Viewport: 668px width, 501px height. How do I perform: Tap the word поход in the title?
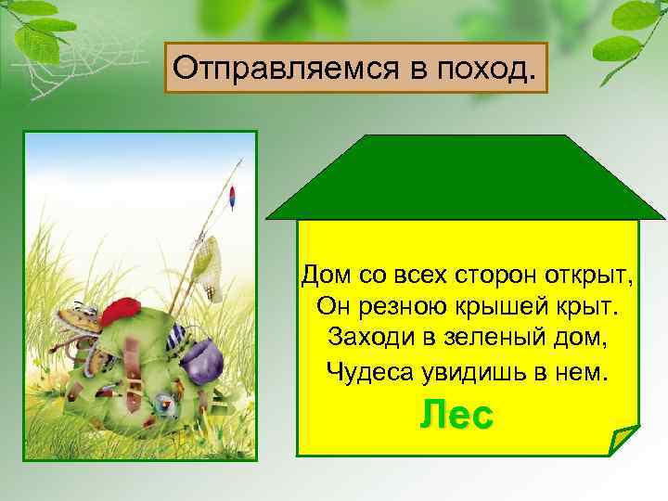pos(482,67)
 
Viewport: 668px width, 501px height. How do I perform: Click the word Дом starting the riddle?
pos(322,276)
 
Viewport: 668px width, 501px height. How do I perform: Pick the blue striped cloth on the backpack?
pos(175,335)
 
